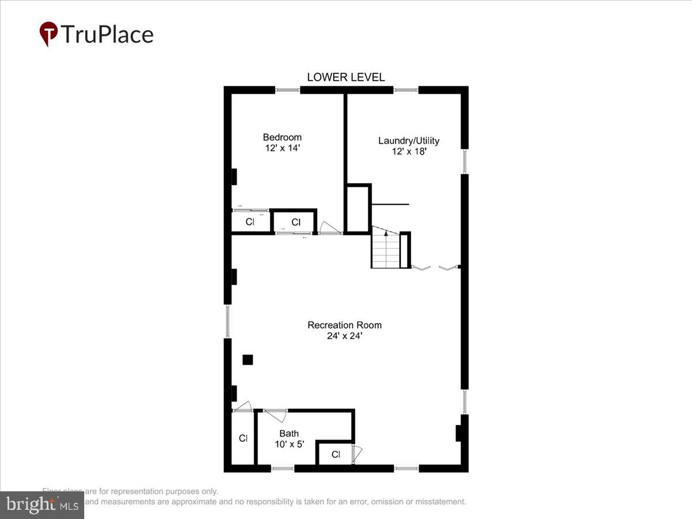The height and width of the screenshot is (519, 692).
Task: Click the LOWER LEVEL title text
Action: (345, 77)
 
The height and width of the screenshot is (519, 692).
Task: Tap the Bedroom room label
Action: (282, 137)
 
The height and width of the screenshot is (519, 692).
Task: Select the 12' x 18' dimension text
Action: (408, 152)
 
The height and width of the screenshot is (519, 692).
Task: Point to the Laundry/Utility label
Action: (408, 141)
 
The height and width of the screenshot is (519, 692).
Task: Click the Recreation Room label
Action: (344, 325)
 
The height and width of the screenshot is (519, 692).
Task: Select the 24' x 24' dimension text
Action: (344, 336)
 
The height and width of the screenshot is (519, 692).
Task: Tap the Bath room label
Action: (289, 434)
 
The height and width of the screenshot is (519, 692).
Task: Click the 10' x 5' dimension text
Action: (289, 444)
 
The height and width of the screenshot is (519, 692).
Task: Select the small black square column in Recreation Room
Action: (247, 360)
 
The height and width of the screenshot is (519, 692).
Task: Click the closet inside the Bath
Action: (336, 454)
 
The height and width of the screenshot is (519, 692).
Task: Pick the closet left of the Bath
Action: (243, 438)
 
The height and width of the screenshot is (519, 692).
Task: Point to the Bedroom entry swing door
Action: (330, 228)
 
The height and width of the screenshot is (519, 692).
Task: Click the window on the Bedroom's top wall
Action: (287, 90)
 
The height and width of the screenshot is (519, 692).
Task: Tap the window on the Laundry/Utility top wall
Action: (406, 90)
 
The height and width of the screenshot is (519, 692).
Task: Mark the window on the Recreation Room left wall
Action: (228, 321)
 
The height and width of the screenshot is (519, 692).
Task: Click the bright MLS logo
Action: (42, 505)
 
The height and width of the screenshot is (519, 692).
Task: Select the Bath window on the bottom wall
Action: (283, 468)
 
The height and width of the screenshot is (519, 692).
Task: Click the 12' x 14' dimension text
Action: (282, 148)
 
